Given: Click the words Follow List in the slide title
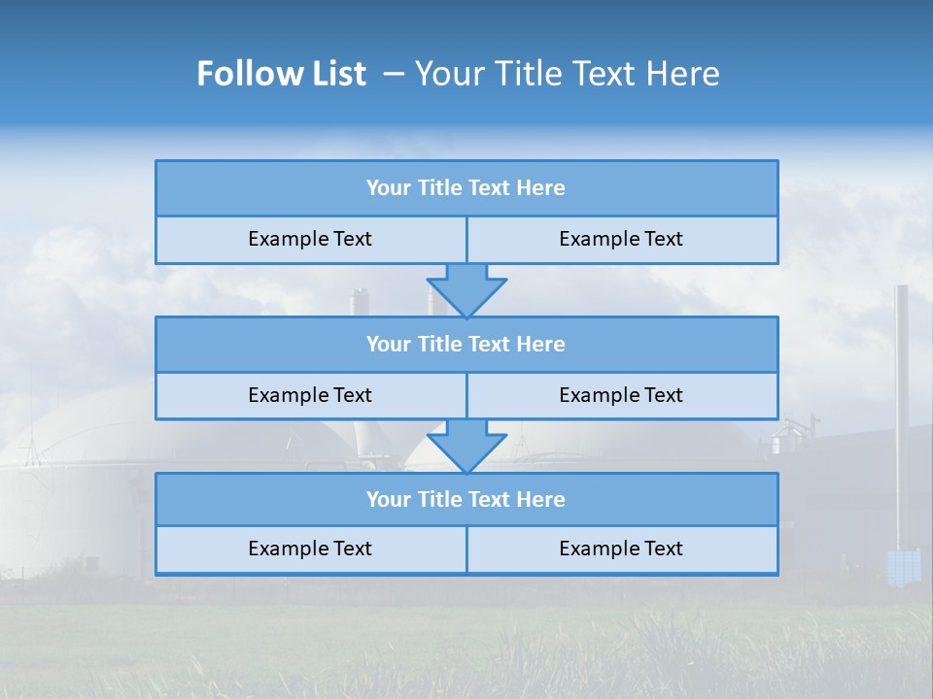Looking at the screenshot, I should tap(281, 74).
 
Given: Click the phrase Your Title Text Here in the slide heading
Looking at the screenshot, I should tap(568, 74).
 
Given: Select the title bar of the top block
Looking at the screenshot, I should tap(466, 188).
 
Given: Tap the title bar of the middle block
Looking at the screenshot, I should tap(466, 344).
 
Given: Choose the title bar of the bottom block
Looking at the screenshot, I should tap(466, 499).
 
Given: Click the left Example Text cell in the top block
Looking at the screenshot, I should tap(310, 239).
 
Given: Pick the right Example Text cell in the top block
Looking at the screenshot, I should tap(621, 239).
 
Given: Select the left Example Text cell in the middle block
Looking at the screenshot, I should tap(310, 395).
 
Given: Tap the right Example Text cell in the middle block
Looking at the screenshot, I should tap(621, 395).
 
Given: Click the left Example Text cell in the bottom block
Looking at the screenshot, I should tap(310, 549).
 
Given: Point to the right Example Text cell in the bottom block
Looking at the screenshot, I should tap(621, 549).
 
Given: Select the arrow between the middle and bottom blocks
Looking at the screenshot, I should tap(466, 446).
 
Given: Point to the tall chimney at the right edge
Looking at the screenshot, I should tap(902, 408).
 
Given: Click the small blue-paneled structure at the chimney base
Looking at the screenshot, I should tap(904, 566).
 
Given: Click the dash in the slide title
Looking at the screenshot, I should tap(394, 74).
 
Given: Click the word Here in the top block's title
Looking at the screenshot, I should tap(541, 188).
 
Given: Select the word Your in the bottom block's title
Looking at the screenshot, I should tap(389, 499).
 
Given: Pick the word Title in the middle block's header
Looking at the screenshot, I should tap(439, 344).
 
